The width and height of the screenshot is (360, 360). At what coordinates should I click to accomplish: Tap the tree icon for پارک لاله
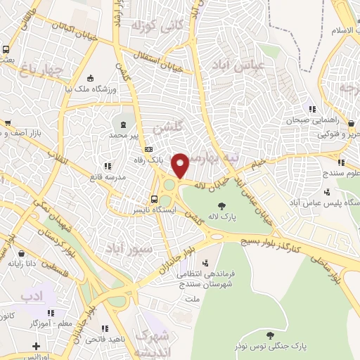click(223, 206)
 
